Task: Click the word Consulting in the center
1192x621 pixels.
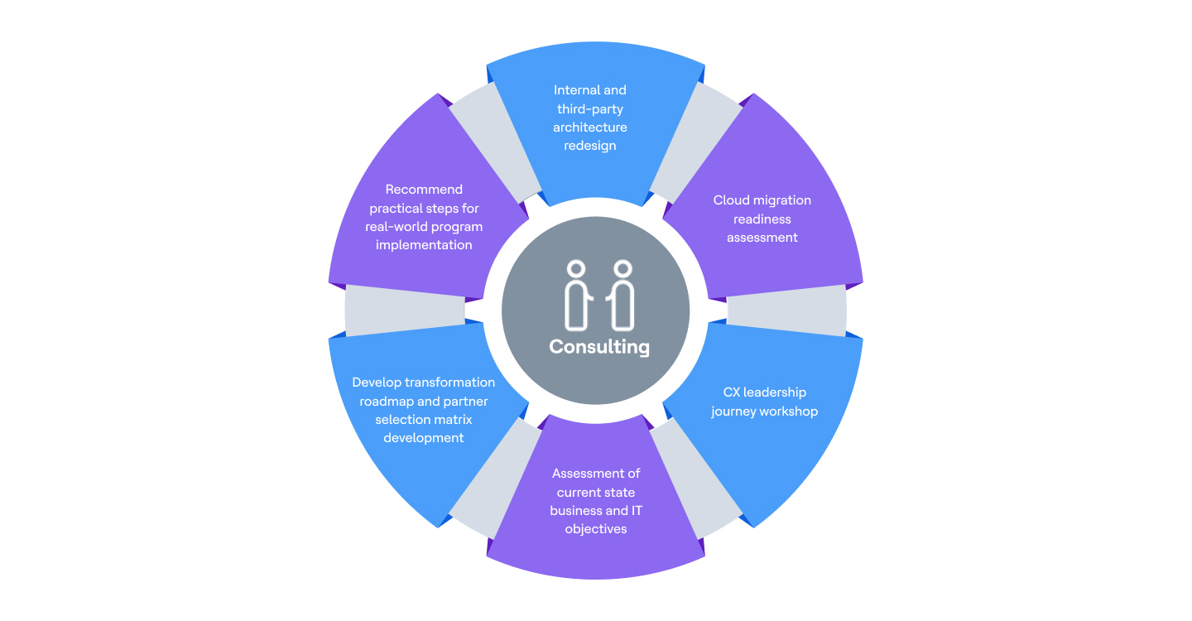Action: click(x=599, y=347)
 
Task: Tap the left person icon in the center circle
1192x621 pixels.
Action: click(x=578, y=295)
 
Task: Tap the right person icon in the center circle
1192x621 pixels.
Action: click(x=622, y=295)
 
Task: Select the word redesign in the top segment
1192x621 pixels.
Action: click(x=590, y=146)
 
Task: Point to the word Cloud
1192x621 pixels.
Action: click(x=731, y=200)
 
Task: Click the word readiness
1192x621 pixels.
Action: click(x=762, y=219)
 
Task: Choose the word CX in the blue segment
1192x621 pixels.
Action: click(x=732, y=392)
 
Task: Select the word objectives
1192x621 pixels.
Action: click(x=596, y=528)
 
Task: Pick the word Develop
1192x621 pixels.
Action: click(x=376, y=383)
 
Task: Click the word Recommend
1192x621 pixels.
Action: click(x=424, y=190)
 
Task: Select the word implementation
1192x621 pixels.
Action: click(x=424, y=244)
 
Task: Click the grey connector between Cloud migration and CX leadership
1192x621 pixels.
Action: click(x=786, y=310)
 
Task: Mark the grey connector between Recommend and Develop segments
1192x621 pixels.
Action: click(x=405, y=310)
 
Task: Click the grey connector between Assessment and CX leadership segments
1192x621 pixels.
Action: click(x=695, y=480)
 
